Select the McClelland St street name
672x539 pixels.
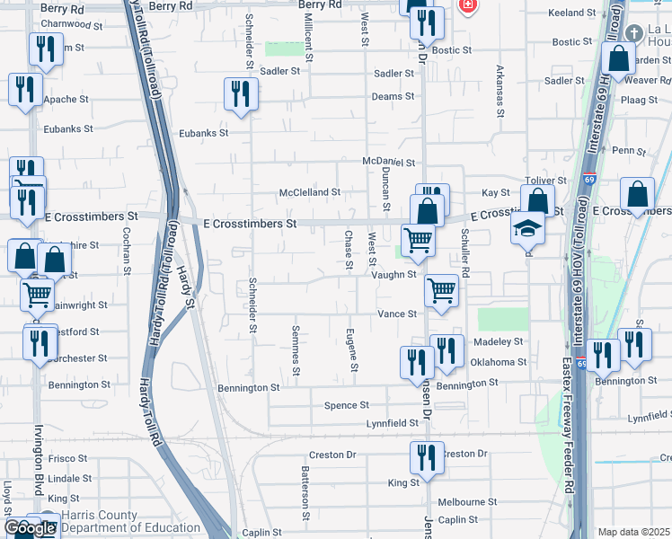click(x=310, y=192)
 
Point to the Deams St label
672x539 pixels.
click(x=393, y=96)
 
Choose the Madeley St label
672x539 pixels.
click(x=499, y=342)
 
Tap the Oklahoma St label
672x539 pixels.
click(x=498, y=362)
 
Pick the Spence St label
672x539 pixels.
click(x=347, y=405)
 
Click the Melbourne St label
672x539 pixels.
click(x=467, y=502)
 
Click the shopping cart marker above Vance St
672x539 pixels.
click(x=441, y=290)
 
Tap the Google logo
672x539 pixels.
click(x=29, y=528)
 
